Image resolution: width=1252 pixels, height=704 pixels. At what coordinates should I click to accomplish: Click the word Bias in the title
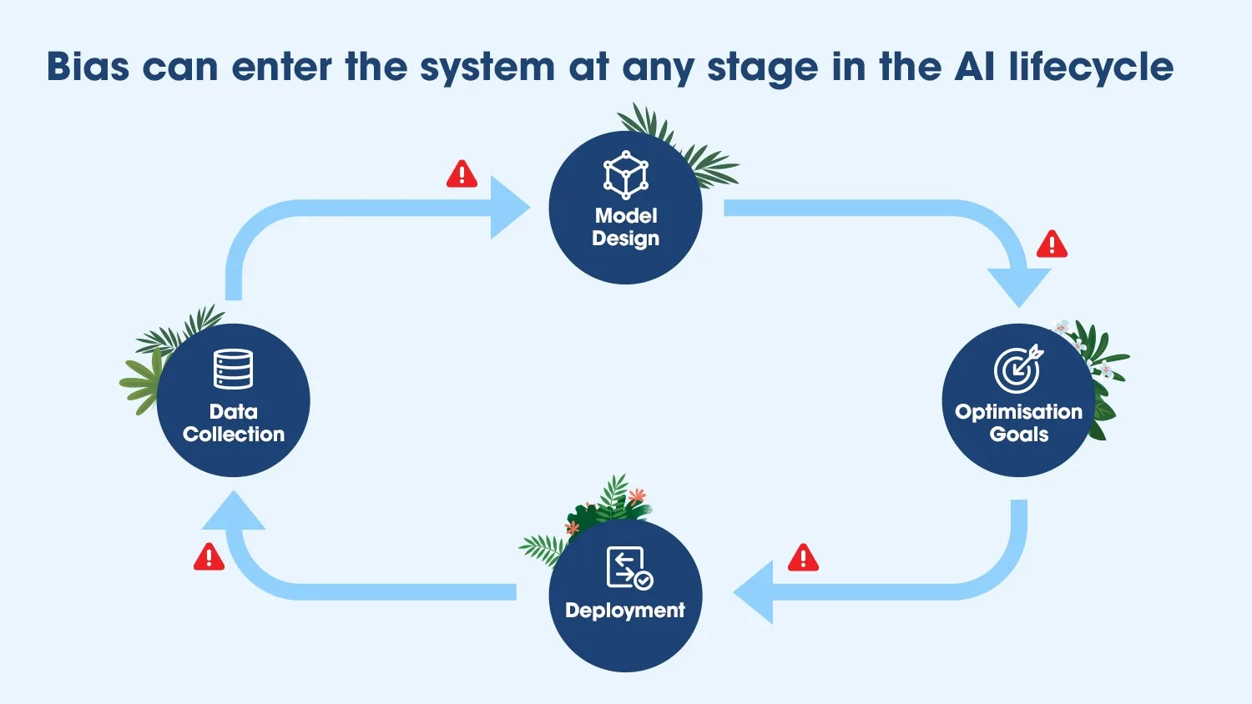tap(88, 67)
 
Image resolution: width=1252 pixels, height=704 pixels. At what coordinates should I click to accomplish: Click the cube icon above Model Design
tap(625, 175)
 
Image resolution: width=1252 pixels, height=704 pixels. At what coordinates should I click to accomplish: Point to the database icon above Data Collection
tap(233, 369)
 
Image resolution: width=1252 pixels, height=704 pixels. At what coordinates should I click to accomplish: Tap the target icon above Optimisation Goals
tap(1018, 368)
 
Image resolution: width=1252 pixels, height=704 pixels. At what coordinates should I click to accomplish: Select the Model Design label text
tap(625, 227)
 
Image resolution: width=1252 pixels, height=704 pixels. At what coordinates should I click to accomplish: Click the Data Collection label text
tap(233, 423)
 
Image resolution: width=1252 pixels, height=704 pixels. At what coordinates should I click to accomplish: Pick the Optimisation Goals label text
tap(1018, 423)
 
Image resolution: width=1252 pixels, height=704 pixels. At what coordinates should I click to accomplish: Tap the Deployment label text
tap(625, 610)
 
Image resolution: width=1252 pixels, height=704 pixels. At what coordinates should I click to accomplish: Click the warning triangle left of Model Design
tap(462, 173)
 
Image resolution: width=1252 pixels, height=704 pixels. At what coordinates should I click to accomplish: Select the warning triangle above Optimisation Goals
tap(1052, 244)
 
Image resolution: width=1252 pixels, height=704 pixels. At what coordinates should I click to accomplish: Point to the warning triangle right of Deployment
tap(803, 558)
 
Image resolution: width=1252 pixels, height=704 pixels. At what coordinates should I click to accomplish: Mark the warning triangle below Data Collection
tap(209, 556)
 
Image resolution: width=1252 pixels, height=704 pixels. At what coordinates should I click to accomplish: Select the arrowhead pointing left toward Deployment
tap(754, 592)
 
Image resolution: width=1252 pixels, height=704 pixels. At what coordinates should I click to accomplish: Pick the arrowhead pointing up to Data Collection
tap(233, 510)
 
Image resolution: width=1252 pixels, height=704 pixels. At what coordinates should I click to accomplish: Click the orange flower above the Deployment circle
tap(637, 495)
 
